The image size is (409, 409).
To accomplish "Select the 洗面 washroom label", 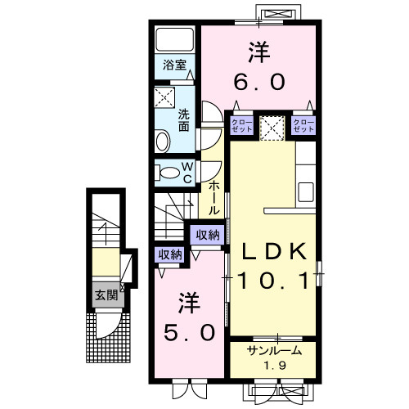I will pos(184,120).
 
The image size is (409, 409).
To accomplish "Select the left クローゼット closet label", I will pos(241,126).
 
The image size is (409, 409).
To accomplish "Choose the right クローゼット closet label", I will pos(303,126).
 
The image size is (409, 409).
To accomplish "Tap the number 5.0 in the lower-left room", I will pos(187,332).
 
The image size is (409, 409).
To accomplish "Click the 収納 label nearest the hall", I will pos(206,235).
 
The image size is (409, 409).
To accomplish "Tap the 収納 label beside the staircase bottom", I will pos(170,254).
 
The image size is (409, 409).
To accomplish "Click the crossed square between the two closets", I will pos(272,126).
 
